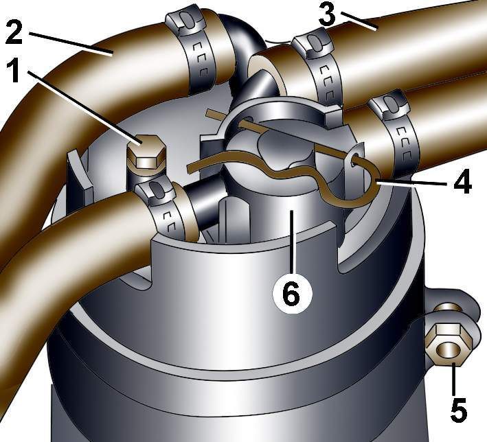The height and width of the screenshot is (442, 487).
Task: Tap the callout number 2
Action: [x=14, y=32]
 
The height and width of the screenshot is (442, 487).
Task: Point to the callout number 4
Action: [x=462, y=183]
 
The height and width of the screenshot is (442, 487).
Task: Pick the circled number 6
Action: [x=291, y=293]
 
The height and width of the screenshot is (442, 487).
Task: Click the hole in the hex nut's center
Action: [x=448, y=350]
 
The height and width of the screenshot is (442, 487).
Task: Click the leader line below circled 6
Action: [x=292, y=242]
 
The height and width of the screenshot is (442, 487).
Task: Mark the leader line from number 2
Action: [x=71, y=44]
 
